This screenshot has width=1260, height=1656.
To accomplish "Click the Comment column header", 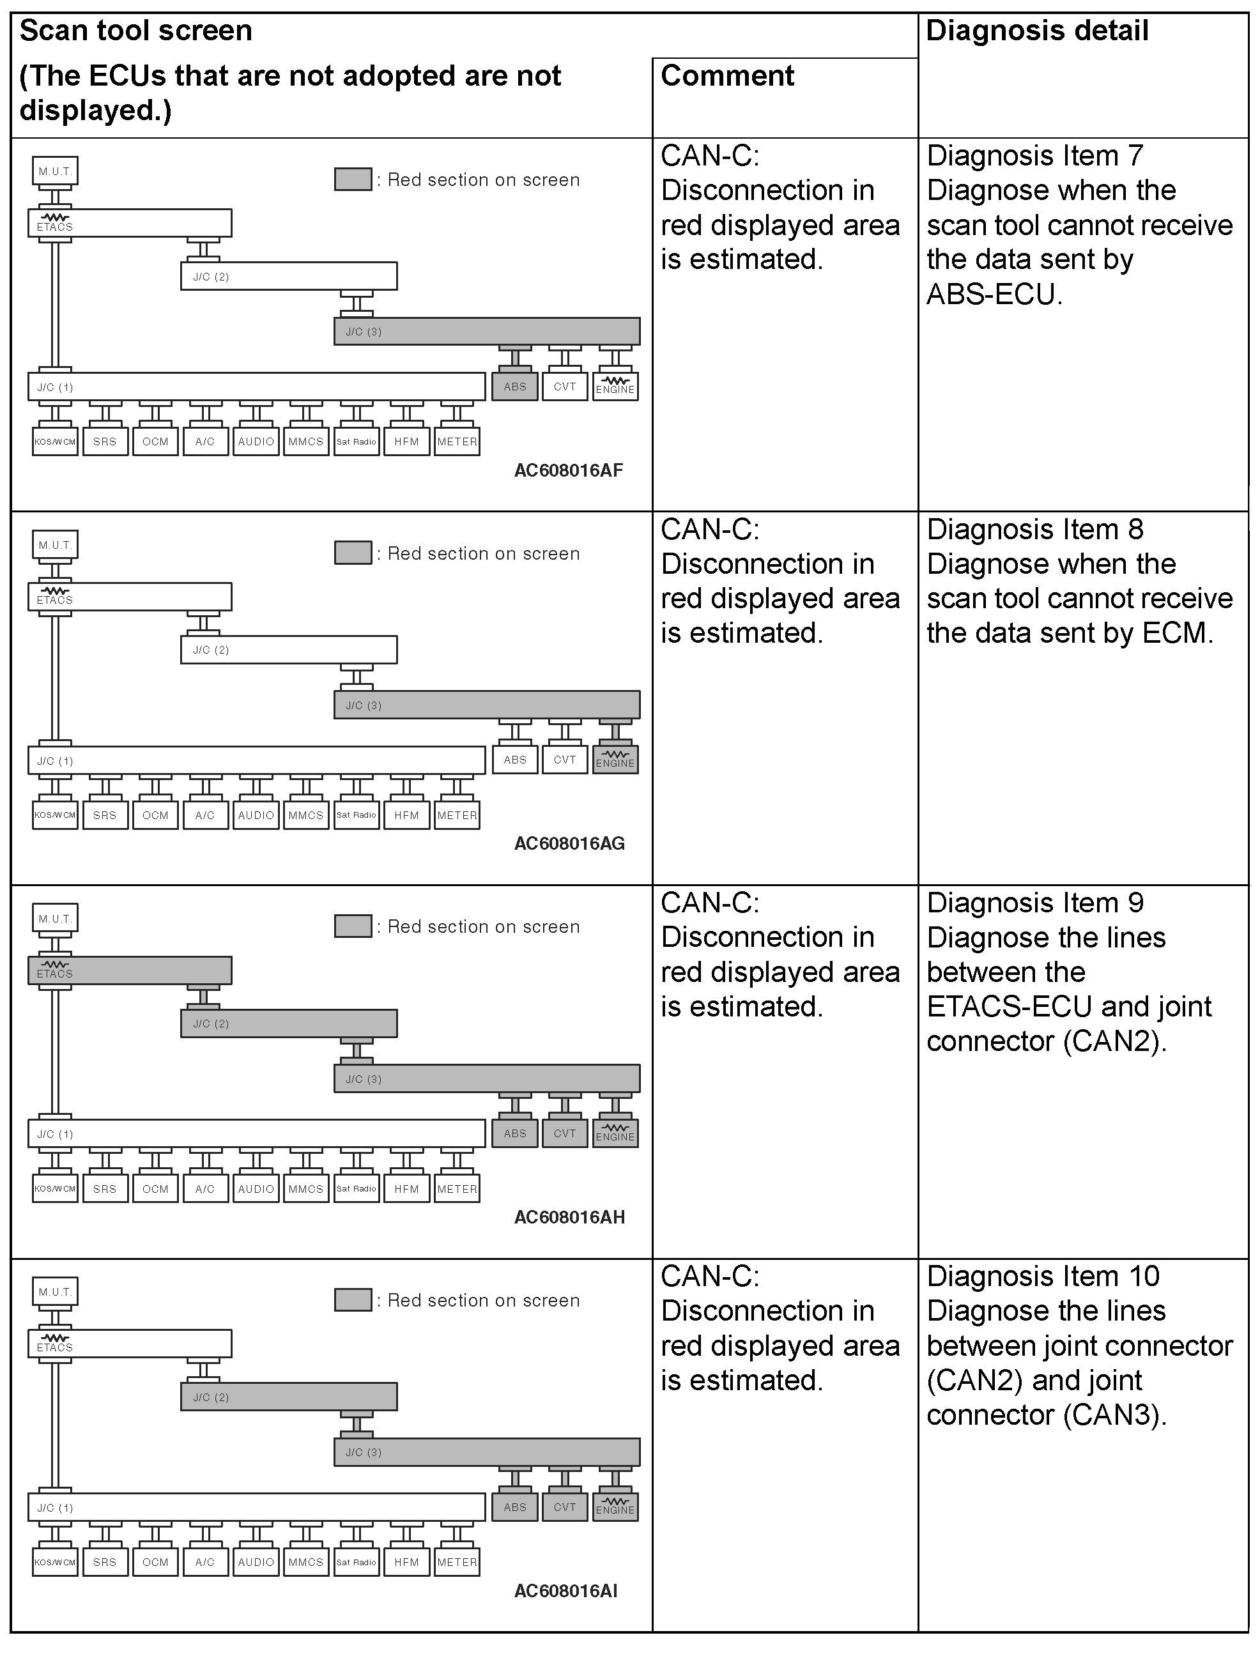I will pos(726,76).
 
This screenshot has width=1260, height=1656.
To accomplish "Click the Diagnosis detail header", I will pos(1036,31).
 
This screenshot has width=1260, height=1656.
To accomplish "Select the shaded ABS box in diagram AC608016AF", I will pos(514,387).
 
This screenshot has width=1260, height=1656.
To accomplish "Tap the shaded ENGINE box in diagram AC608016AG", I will pos(615,760).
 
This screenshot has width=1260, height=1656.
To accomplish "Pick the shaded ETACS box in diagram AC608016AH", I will pos(130,970).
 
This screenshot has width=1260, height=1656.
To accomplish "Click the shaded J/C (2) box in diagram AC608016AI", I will pos(289,1397).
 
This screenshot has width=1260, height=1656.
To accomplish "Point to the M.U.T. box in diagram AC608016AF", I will pos(56,171).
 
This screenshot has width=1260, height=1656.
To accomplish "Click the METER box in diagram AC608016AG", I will pos(457,815).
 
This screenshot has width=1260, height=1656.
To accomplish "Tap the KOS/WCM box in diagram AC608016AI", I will pos(55,1562).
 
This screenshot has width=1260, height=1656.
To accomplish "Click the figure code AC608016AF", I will pos(569,470).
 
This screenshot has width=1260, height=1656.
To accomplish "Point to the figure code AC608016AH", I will pos(569,1217).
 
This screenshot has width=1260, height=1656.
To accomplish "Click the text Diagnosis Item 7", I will pos(1034,156).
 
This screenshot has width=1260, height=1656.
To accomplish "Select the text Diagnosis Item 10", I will pos(1043,1276).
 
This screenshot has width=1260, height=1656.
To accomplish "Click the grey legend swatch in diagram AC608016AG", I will pos(353,553).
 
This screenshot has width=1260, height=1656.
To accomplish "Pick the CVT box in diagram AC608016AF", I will pos(565,387).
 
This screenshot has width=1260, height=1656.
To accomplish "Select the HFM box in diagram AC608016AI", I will pos(406,1562).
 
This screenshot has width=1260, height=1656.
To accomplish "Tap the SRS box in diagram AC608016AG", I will pos(105,815).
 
